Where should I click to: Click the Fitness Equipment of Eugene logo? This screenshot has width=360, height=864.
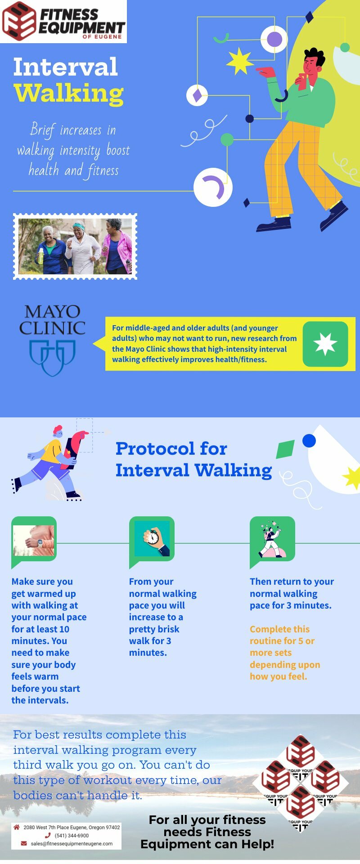click(63, 21)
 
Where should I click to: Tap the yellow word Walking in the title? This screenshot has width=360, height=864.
click(68, 94)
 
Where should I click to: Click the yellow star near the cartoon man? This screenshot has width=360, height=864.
click(239, 61)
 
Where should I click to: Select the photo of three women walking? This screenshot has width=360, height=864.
click(75, 246)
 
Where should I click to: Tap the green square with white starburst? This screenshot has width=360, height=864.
click(325, 344)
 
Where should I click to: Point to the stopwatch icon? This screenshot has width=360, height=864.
click(152, 538)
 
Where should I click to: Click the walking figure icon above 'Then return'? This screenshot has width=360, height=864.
click(272, 538)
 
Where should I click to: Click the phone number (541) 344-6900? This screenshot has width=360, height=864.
click(72, 835)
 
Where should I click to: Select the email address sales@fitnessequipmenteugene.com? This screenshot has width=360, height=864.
click(72, 843)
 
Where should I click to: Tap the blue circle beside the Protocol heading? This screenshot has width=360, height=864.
click(309, 441)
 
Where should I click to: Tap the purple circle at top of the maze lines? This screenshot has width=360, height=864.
click(274, 40)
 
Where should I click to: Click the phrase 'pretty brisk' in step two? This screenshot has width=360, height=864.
click(154, 629)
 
